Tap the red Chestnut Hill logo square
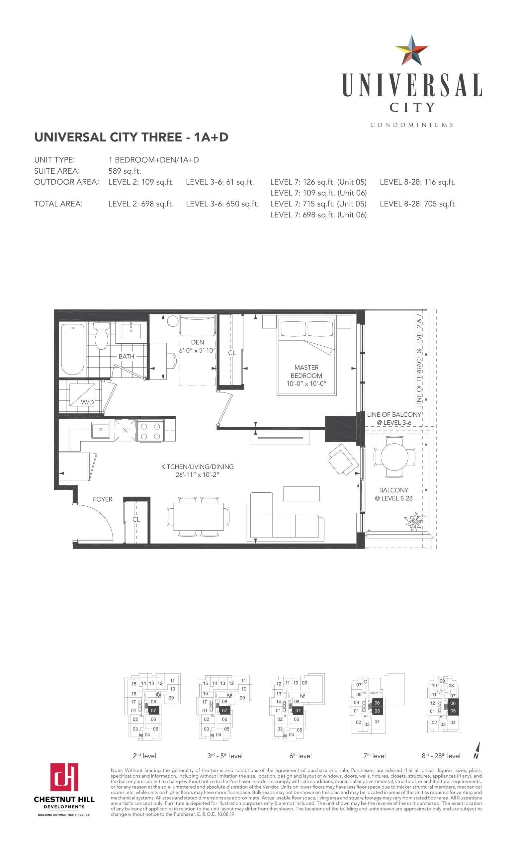point(64,777)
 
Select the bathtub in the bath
point(72,349)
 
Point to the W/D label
point(87,402)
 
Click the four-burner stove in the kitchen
point(150,431)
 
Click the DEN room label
point(197,342)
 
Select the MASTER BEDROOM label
point(306,372)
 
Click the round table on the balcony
point(394,457)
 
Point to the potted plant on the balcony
point(416,520)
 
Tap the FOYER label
point(103,499)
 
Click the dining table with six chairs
point(198,516)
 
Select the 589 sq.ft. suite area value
point(125,171)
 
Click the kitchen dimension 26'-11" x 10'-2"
point(197,475)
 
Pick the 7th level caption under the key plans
point(374,756)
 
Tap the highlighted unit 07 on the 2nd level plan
point(153,711)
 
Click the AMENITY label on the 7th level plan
point(375,693)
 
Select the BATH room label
point(126,356)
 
